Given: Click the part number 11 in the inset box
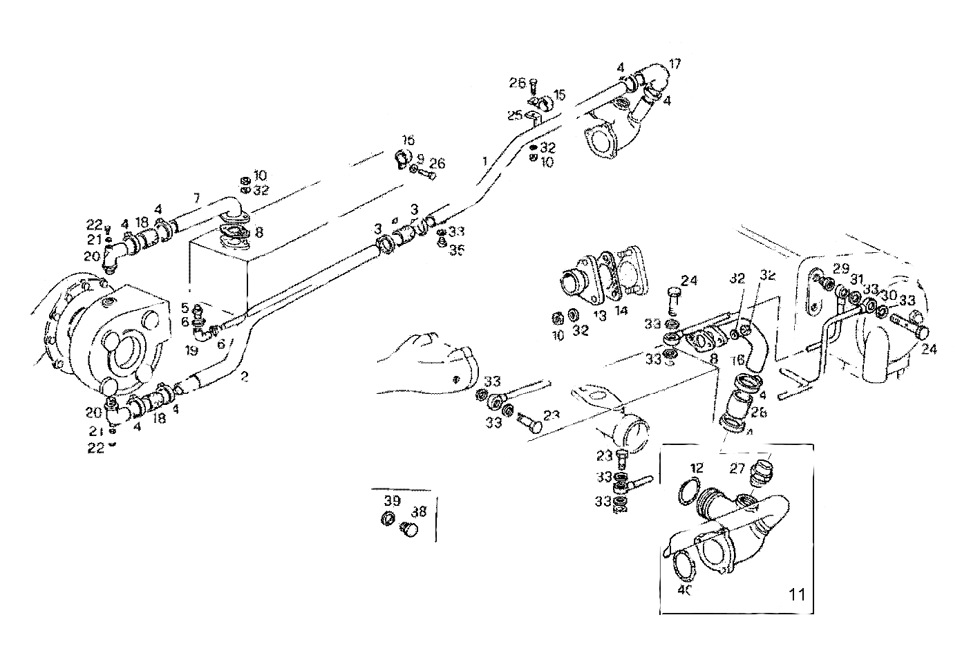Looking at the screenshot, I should tap(798, 594).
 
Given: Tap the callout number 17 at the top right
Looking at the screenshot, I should tap(675, 64).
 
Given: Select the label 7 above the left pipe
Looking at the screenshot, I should tap(196, 198).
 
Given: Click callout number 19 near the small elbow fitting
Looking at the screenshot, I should tap(191, 351).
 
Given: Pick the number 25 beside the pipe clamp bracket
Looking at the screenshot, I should tap(516, 115).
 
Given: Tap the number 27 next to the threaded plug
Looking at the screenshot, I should tap(737, 469).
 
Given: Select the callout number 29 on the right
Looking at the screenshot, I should tap(840, 267).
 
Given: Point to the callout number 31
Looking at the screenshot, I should tap(857, 278).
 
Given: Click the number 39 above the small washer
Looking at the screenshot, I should tap(392, 500).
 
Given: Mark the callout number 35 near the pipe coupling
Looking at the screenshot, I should tap(456, 249).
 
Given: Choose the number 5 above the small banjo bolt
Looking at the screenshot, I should tap(185, 307).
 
